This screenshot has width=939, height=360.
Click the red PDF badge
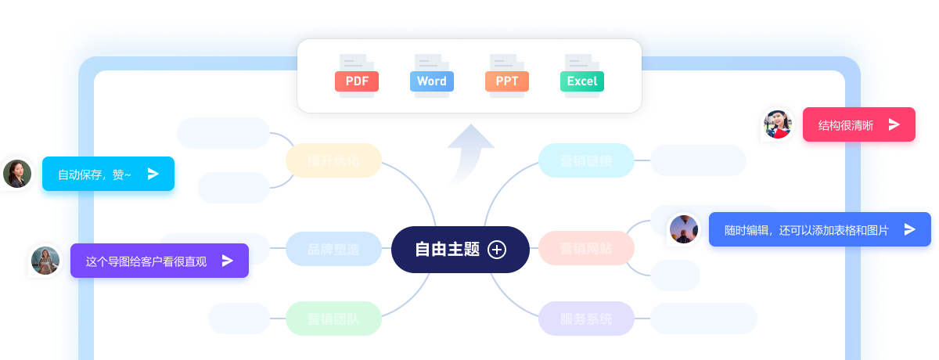tap(357, 81)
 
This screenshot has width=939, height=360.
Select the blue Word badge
tap(431, 81)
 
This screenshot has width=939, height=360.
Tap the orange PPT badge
tap(507, 81)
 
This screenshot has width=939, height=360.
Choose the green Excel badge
tap(581, 81)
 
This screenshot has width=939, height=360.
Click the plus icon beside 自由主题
tap(497, 250)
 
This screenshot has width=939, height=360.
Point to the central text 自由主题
tap(447, 250)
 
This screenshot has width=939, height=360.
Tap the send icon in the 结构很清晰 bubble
tap(894, 124)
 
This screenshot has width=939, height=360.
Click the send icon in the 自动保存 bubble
tap(153, 174)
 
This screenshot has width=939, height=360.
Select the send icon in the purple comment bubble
tap(228, 261)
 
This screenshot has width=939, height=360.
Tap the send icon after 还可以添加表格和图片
tap(909, 229)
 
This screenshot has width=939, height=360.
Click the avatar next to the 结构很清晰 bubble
tap(778, 124)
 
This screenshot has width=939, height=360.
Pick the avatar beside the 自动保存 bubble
tap(17, 174)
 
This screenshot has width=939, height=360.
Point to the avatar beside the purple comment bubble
tap(45, 261)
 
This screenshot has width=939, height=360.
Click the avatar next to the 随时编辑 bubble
tap(684, 229)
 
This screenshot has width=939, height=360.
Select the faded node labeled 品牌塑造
tap(333, 250)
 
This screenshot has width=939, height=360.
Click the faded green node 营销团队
tap(333, 319)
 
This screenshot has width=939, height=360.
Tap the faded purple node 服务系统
tap(586, 319)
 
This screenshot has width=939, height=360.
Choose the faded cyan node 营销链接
tap(586, 161)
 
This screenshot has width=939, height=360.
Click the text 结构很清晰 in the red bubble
tap(846, 125)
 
